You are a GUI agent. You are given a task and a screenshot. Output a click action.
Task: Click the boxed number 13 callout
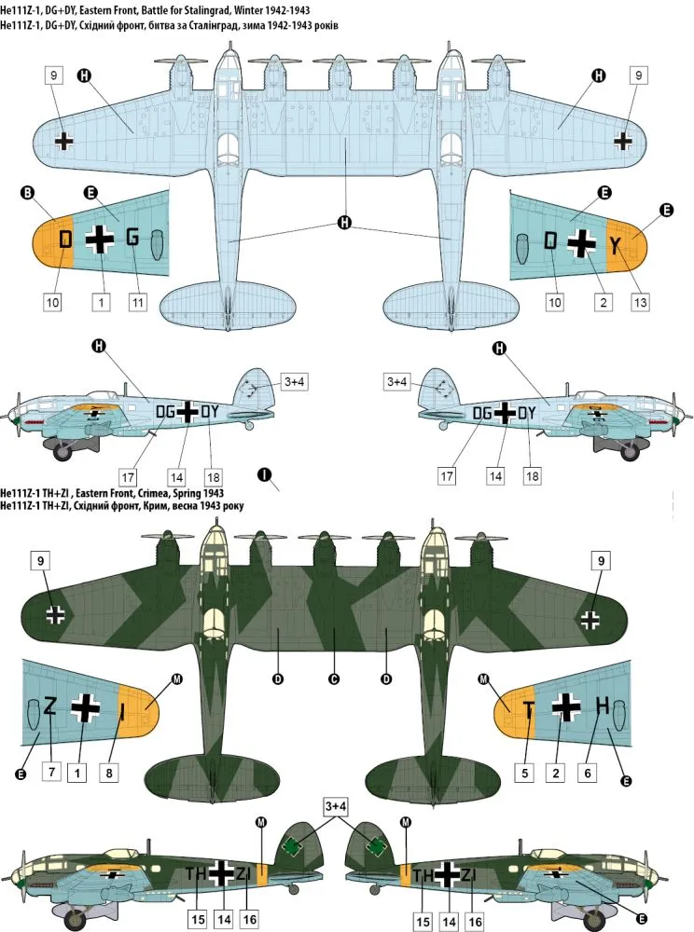pos(639,302)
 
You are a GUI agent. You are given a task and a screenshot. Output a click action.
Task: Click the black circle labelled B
pos(26,193)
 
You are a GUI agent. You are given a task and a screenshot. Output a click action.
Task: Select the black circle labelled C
pos(333,678)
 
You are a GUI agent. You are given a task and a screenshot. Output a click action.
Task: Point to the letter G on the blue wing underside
pos(132,238)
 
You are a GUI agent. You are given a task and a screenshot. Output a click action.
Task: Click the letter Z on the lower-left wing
pos(49,706)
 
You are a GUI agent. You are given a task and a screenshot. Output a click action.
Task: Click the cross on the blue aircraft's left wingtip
pos(63,141)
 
